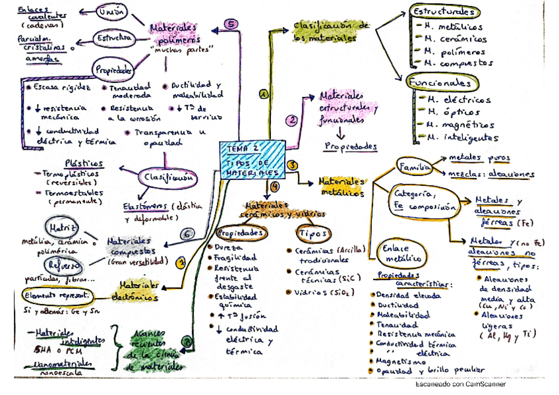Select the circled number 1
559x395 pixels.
pos(264,95)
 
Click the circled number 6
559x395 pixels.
pos(187,233)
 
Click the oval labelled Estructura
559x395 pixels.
pos(114,39)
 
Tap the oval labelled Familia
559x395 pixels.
pos(413,167)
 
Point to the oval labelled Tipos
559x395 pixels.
pos(313,233)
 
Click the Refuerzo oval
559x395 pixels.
pos(64,264)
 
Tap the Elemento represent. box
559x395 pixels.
pos(57,295)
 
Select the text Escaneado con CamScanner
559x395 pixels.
pos(460,384)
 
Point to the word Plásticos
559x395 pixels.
pos(84,164)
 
